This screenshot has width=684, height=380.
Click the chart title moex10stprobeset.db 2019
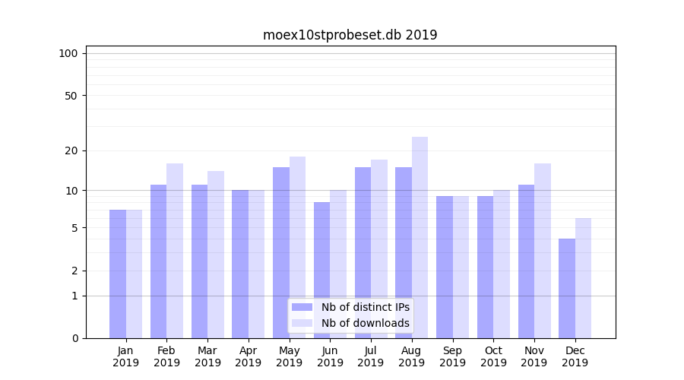pyautogui.click(x=350, y=35)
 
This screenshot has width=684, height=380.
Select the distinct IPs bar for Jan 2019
pyautogui.click(x=118, y=274)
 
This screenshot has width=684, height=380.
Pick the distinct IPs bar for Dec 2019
pyautogui.click(x=567, y=288)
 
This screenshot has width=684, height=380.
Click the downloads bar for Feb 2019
pyautogui.click(x=175, y=251)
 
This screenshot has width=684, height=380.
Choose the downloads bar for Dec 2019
pyautogui.click(x=583, y=278)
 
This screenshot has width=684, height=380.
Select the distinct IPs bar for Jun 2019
pyautogui.click(x=321, y=270)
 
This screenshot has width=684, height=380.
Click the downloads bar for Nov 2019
pyautogui.click(x=543, y=251)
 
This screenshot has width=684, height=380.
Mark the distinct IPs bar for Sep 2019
pyautogui.click(x=445, y=267)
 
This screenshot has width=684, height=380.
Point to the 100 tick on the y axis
pyautogui.click(x=68, y=53)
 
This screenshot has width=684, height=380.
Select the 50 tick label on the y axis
pyautogui.click(x=71, y=96)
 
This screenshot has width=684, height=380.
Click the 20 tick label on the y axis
pyautogui.click(x=71, y=150)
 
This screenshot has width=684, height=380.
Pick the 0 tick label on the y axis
pyautogui.click(x=74, y=338)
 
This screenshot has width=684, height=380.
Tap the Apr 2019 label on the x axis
pyautogui.click(x=249, y=356)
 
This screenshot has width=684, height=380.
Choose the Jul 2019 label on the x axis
pyautogui.click(x=371, y=356)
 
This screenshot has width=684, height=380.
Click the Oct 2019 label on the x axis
pyautogui.click(x=493, y=356)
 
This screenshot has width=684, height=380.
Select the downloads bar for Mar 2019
pyautogui.click(x=216, y=255)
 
